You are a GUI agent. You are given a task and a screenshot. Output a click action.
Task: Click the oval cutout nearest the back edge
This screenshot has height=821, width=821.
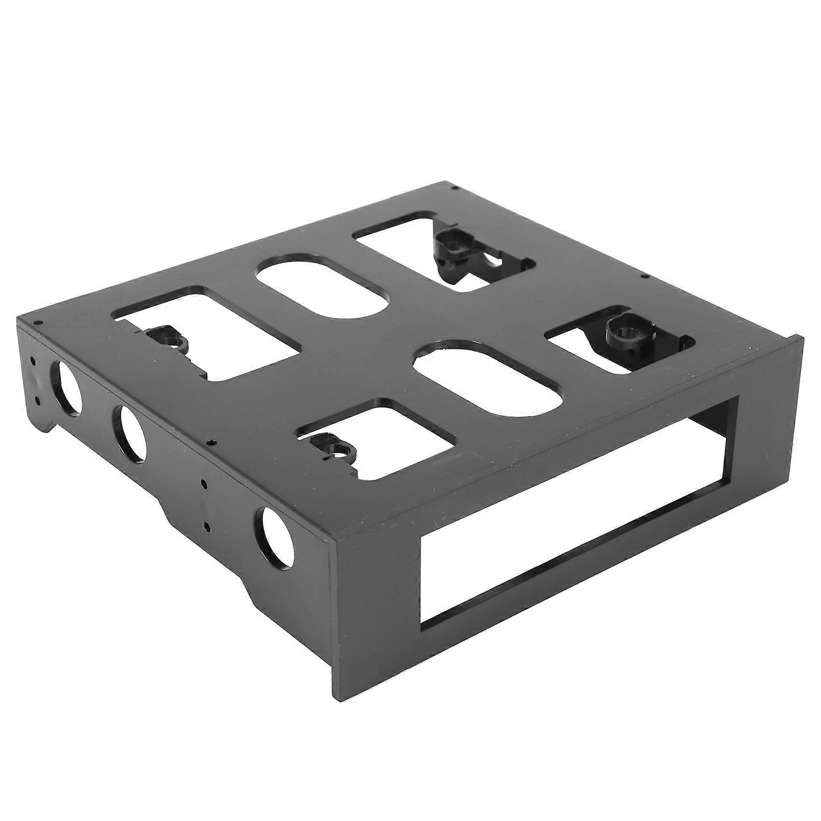[322, 286]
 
